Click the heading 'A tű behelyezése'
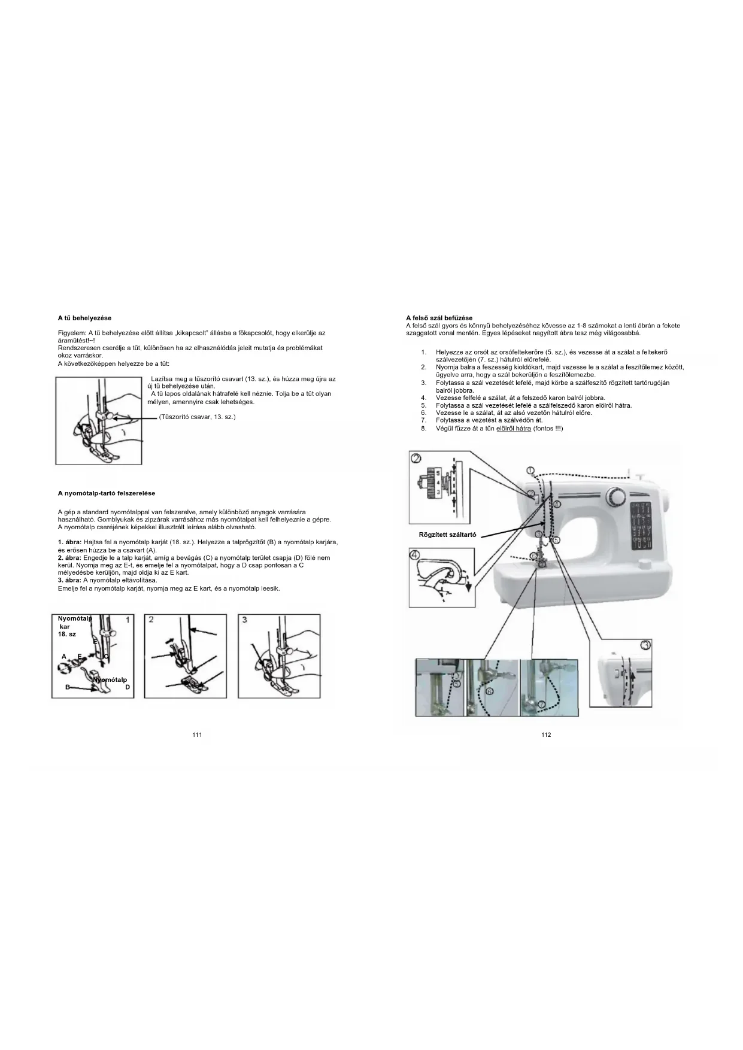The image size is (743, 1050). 84,318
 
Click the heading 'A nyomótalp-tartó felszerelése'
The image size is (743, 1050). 106,493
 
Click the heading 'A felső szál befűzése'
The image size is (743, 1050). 439,318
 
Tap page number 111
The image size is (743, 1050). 197,735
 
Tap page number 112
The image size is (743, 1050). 546,735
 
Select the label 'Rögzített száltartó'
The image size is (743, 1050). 447,535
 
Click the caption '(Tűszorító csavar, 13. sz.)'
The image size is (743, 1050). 197,417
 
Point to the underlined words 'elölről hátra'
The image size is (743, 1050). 513,429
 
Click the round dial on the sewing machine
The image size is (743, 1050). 615,496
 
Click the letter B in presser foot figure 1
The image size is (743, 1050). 68,687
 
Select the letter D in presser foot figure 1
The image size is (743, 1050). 128,687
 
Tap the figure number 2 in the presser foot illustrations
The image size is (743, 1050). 151,620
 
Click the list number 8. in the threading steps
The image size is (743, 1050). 423,429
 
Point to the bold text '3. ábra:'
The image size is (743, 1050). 69,580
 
